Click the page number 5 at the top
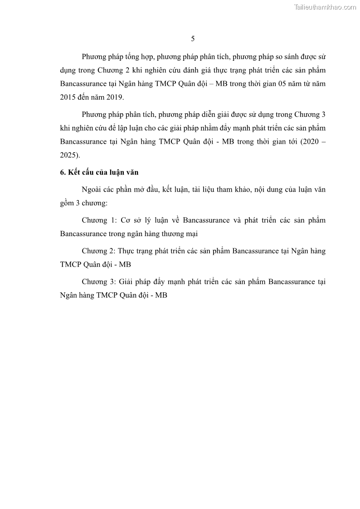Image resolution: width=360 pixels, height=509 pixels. point(193,39)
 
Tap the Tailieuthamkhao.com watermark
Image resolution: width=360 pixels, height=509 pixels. point(325,7)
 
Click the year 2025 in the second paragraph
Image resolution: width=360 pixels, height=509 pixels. point(69,155)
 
